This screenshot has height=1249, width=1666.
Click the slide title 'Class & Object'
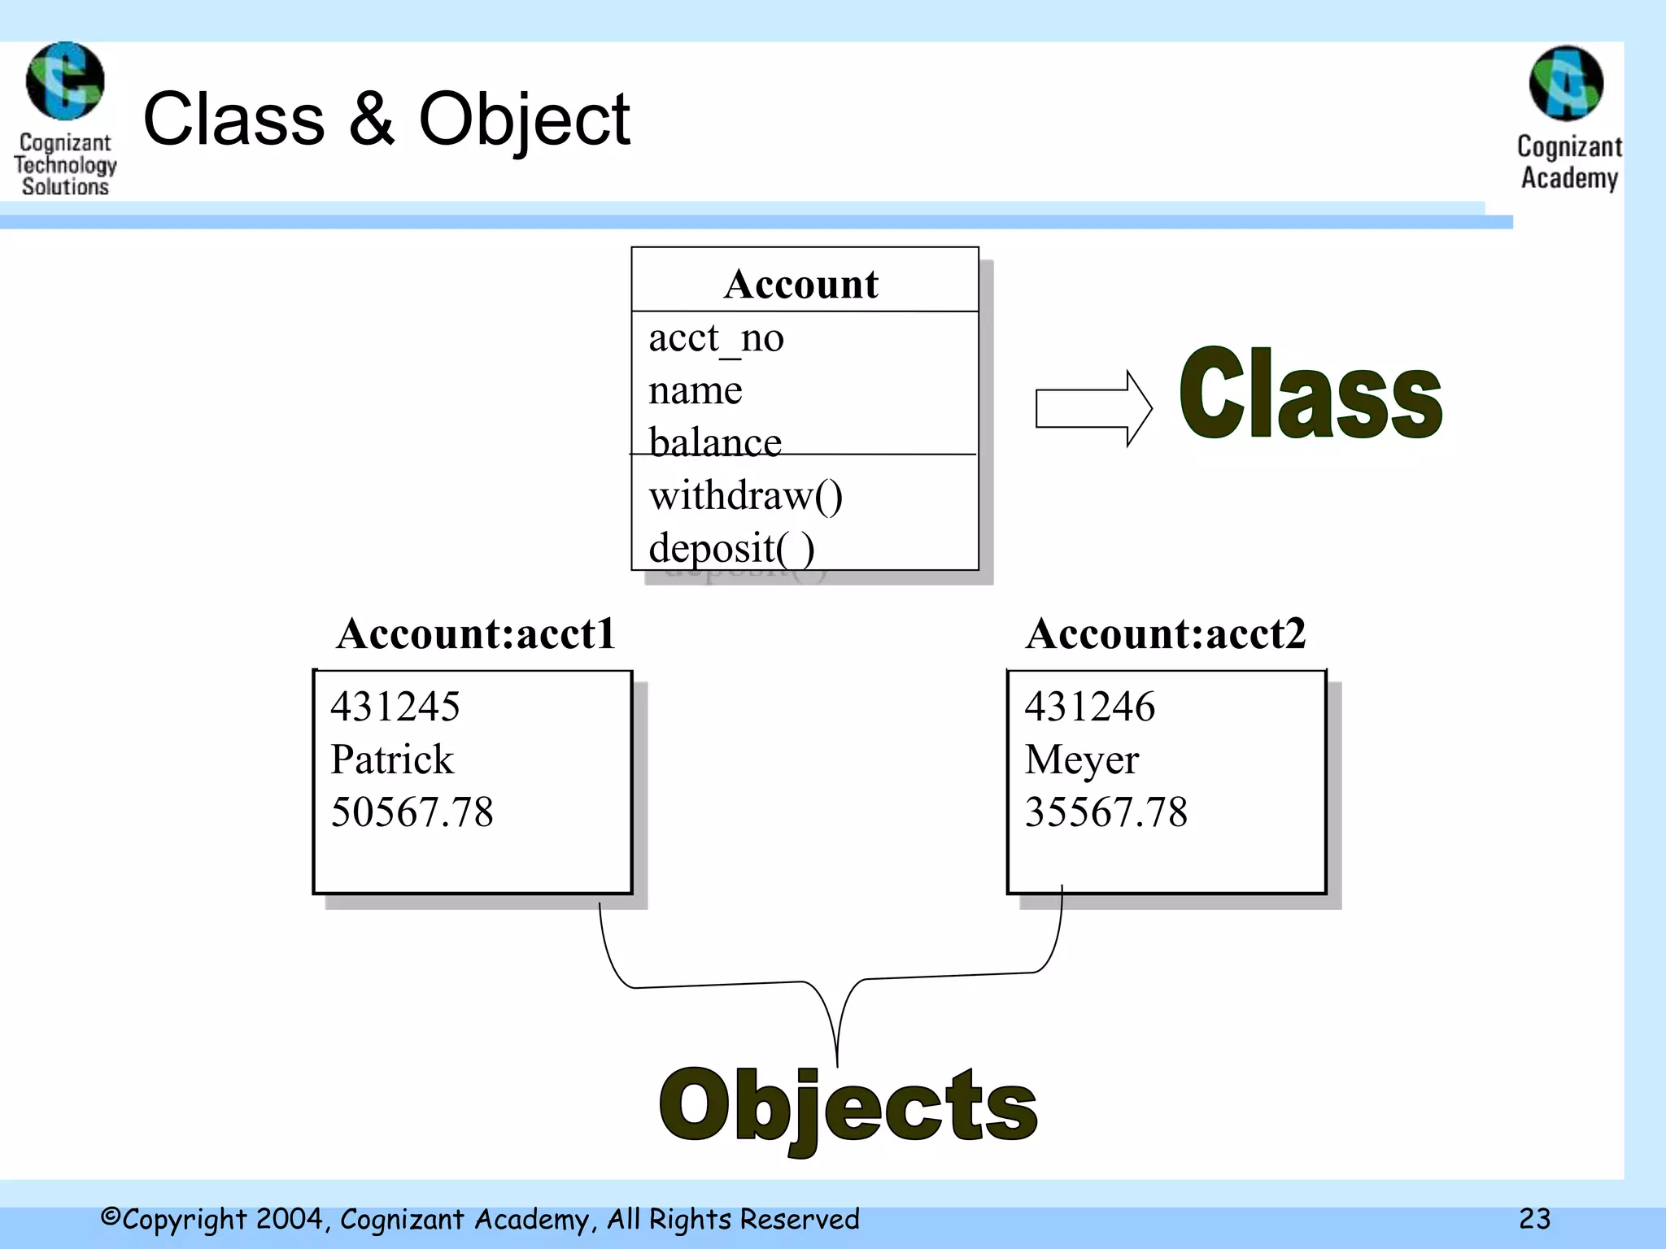(386, 120)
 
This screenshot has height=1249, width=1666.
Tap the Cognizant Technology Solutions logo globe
(65, 81)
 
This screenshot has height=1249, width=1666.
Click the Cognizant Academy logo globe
(1566, 84)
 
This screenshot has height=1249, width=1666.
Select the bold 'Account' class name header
(801, 284)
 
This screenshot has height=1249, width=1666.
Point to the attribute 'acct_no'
(716, 338)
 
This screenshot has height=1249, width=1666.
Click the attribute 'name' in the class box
(695, 391)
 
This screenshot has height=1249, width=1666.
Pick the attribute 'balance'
(714, 442)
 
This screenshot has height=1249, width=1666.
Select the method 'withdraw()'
(745, 495)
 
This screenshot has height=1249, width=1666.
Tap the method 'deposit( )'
(731, 548)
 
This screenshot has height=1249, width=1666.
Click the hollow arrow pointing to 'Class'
(1092, 408)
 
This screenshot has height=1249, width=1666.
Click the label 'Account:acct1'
(476, 633)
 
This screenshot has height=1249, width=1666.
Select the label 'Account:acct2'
(1165, 633)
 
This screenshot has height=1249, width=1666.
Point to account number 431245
(395, 706)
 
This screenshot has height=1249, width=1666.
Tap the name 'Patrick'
(392, 759)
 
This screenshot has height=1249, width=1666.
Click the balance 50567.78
(412, 812)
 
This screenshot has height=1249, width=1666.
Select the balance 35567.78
(1106, 812)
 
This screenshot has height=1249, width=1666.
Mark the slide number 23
(1534, 1218)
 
